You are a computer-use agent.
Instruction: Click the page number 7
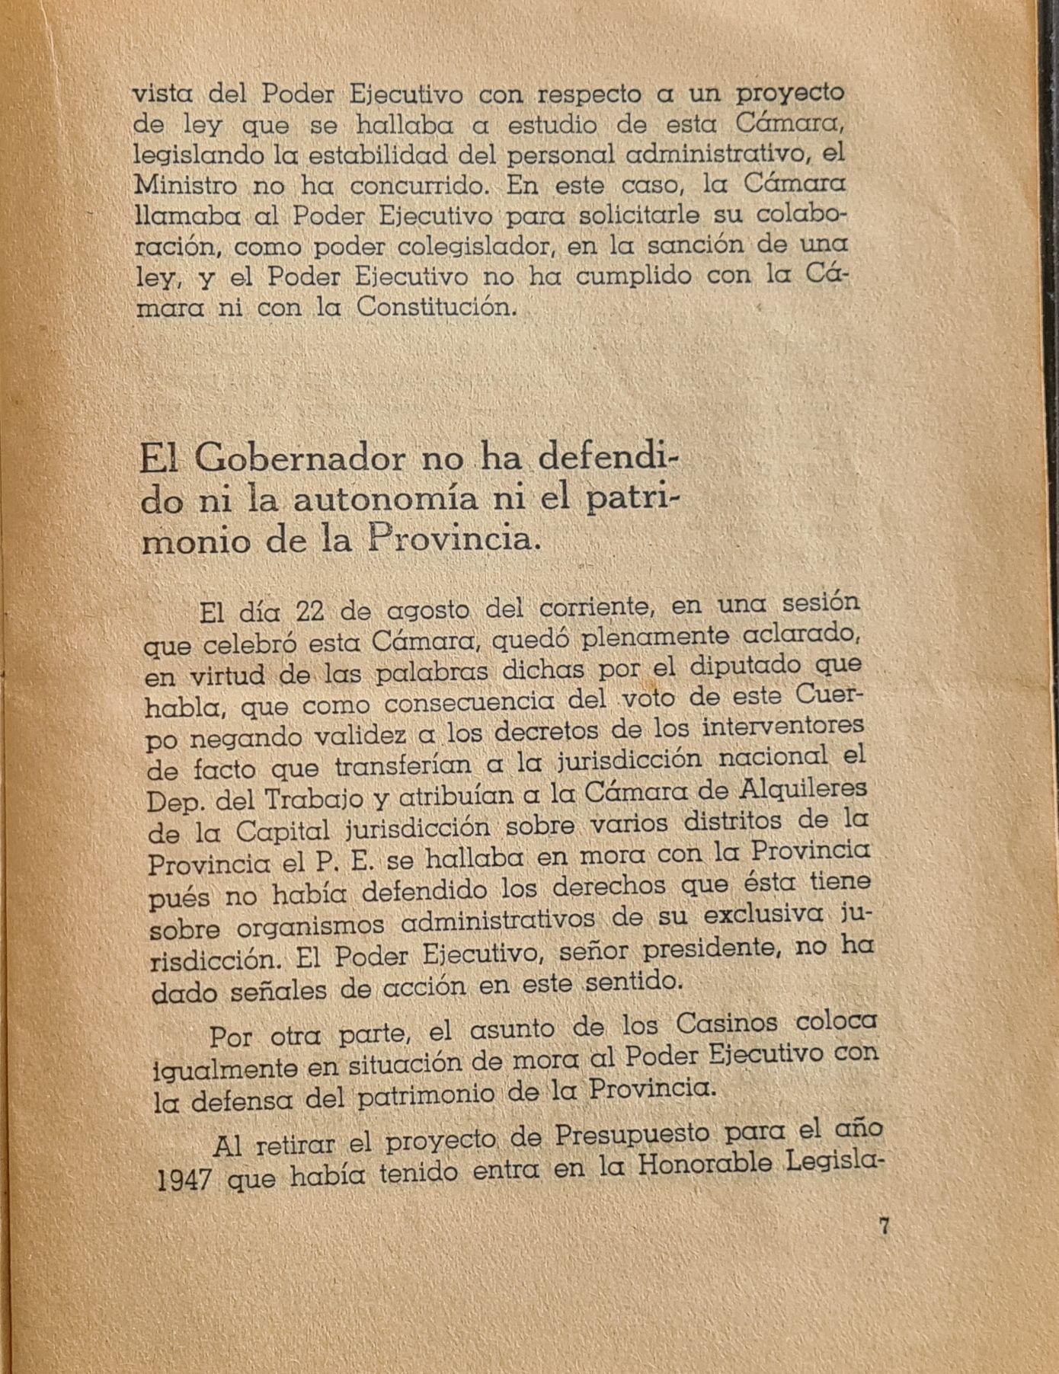[884, 1227]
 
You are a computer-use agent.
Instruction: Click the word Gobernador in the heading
[299, 459]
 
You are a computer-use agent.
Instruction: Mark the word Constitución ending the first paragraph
[433, 308]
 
